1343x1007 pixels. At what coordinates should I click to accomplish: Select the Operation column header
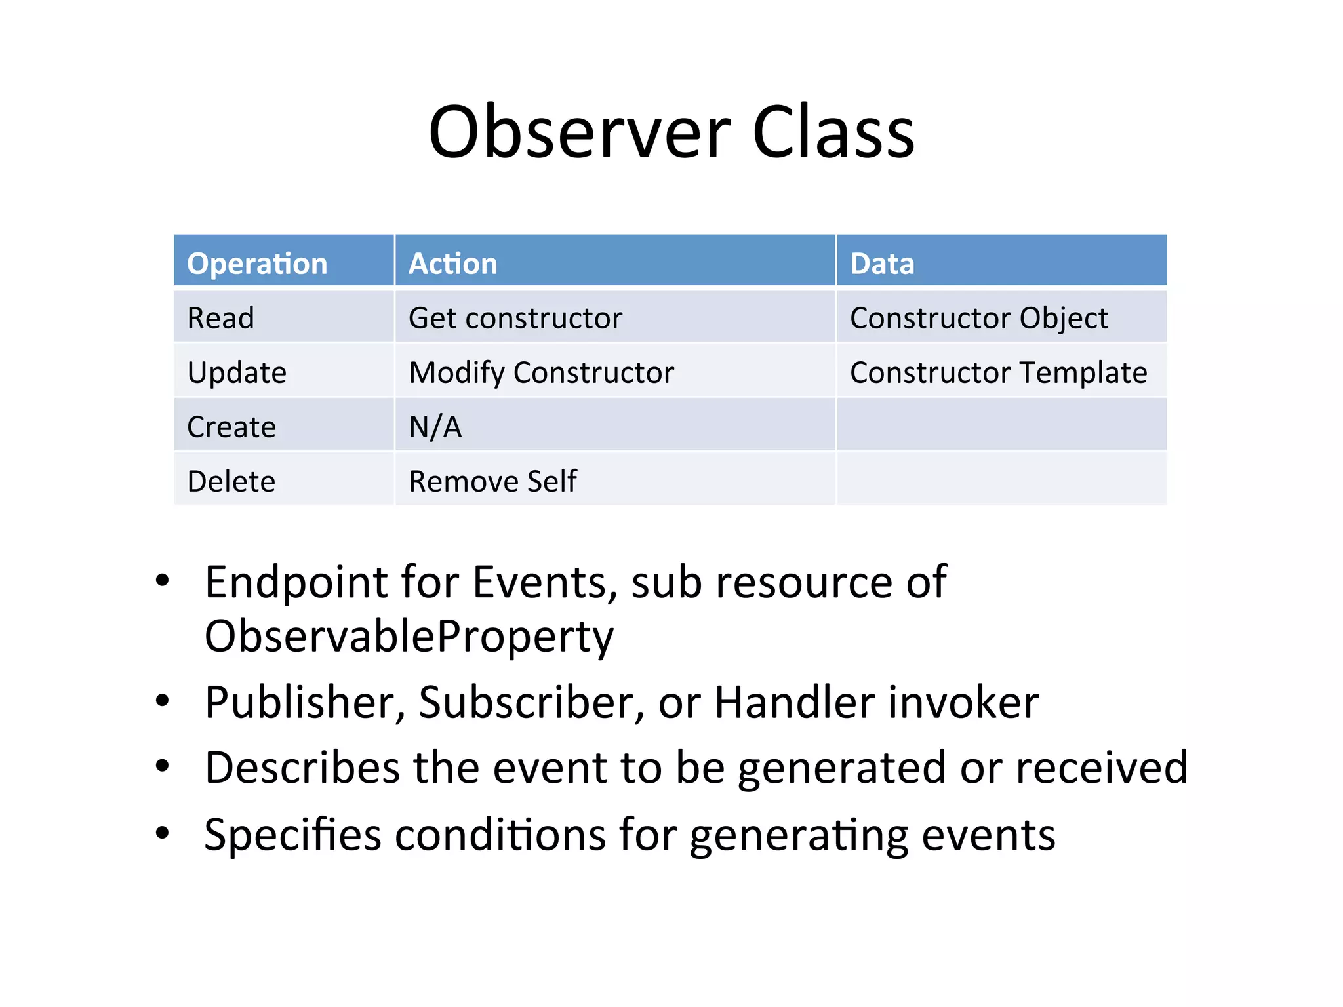pos(257,264)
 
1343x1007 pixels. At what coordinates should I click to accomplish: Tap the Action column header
pos(453,264)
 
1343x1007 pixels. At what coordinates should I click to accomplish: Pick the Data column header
pos(882,264)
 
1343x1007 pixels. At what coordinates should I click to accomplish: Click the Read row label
pos(220,319)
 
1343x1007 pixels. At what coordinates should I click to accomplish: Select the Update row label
pos(237,373)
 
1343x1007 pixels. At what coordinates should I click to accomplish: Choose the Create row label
pos(231,427)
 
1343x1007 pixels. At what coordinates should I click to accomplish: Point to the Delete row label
pos(231,482)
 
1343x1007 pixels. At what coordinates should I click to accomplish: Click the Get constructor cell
pos(515,319)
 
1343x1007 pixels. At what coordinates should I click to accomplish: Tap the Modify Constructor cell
pos(541,373)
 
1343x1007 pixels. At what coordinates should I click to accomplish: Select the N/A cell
pos(435,427)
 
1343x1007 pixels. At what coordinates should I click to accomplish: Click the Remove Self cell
pos(492,482)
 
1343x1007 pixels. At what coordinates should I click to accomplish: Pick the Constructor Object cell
pos(978,319)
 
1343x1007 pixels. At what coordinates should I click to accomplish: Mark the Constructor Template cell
pos(998,373)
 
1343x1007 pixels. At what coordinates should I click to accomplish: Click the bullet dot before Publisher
pos(163,701)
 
